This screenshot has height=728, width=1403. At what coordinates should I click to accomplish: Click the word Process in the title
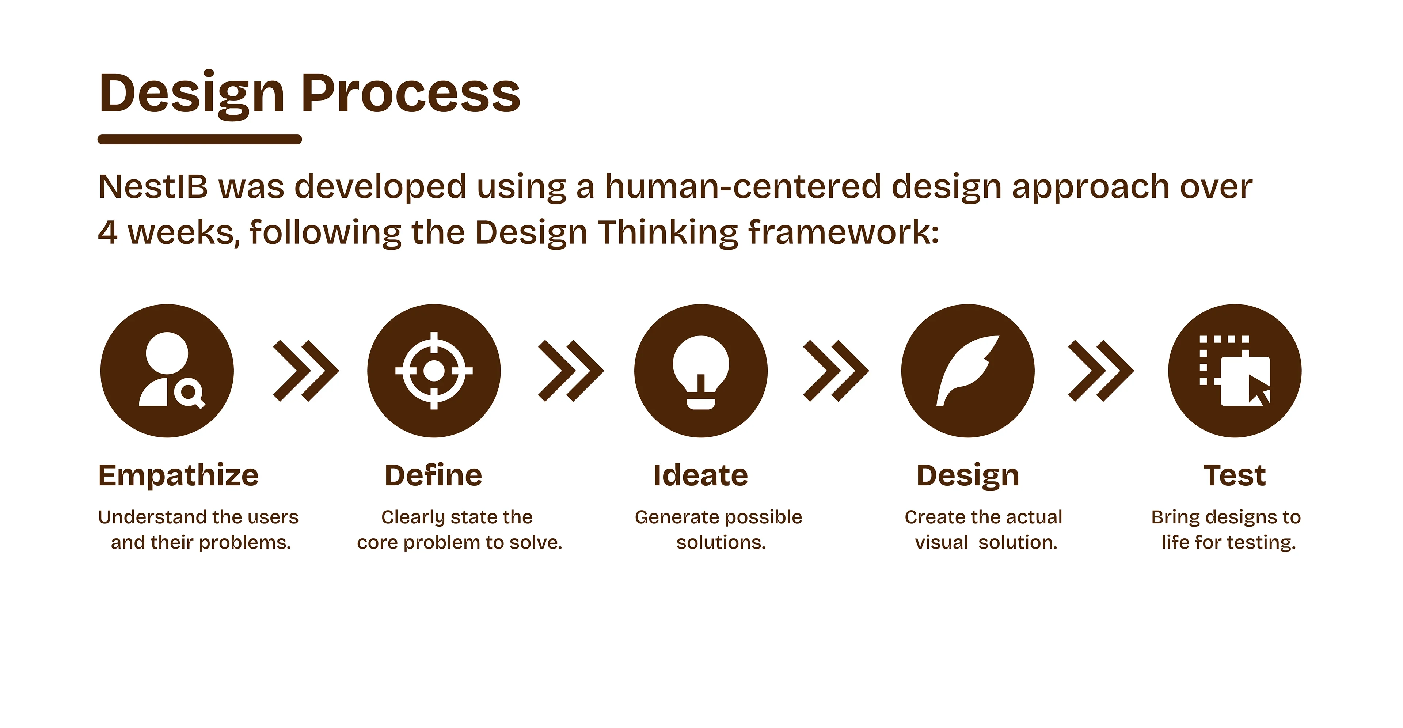(411, 93)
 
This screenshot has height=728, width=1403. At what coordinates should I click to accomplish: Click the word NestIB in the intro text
(153, 187)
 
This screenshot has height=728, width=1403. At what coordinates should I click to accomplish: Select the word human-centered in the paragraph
(743, 186)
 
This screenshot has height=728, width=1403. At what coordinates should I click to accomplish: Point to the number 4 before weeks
(108, 233)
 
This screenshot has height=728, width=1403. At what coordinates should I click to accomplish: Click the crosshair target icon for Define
(434, 371)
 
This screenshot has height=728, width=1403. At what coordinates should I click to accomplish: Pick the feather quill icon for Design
(968, 371)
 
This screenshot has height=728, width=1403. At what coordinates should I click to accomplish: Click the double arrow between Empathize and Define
(306, 371)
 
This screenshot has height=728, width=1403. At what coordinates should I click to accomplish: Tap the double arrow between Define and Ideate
(571, 371)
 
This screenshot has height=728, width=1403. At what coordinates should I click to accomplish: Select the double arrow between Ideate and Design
(836, 371)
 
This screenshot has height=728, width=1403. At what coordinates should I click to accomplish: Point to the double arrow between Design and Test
(1101, 371)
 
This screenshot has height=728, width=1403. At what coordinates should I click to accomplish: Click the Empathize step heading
(179, 476)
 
